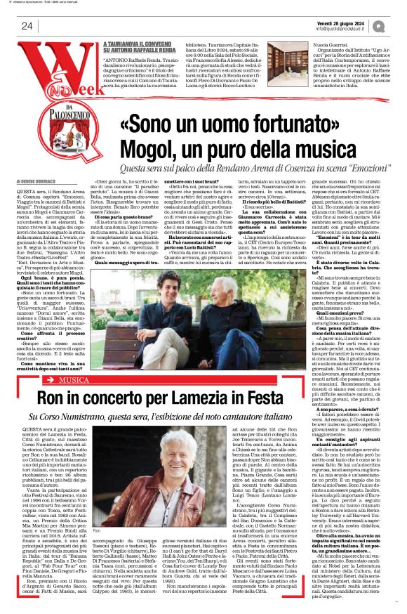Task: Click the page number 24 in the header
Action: pos(27,26)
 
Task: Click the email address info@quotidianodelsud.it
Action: pos(342,29)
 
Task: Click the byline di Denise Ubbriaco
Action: pos(47,181)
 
